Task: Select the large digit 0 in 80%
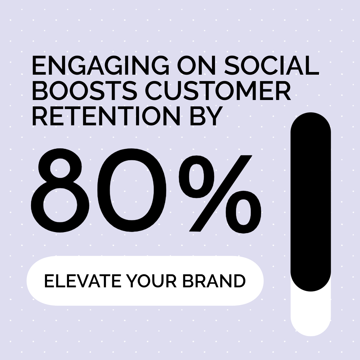click(x=132, y=190)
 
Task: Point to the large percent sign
click(x=220, y=193)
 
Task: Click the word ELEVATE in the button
click(x=83, y=281)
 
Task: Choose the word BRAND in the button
click(x=214, y=281)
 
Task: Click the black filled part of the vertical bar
click(x=311, y=202)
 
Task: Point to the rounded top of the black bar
click(x=311, y=119)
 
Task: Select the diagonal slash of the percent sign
click(x=220, y=193)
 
